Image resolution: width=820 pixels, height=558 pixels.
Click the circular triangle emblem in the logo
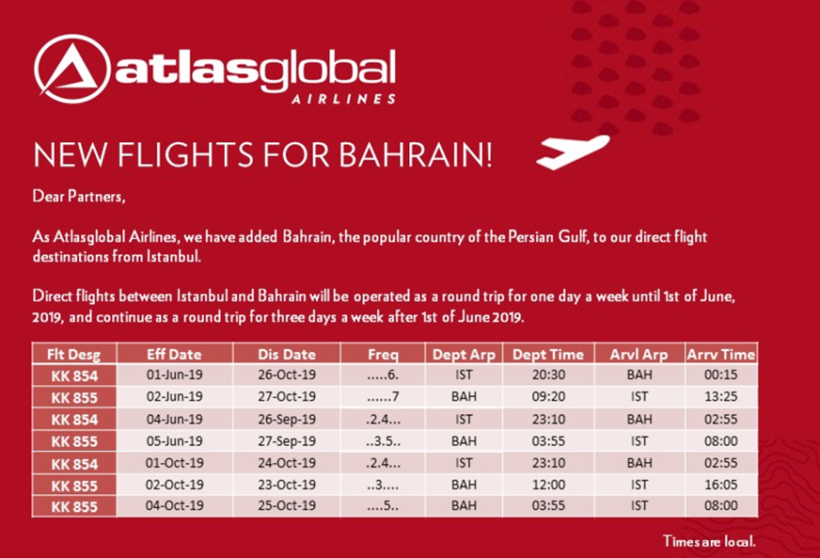pyautogui.click(x=72, y=69)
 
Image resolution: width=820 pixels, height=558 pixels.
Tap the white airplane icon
pyautogui.click(x=574, y=151)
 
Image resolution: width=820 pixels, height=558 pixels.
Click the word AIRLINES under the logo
pyautogui.click(x=343, y=99)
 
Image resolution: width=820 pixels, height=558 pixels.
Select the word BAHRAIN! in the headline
pyautogui.click(x=416, y=154)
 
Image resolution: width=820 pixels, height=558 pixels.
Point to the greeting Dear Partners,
pyautogui.click(x=79, y=197)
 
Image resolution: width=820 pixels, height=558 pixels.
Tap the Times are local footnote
pyautogui.click(x=709, y=541)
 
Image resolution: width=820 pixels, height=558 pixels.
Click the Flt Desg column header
pyautogui.click(x=73, y=355)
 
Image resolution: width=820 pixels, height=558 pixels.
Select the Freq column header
pyautogui.click(x=383, y=355)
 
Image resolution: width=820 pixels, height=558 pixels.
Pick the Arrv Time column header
pyautogui.click(x=721, y=355)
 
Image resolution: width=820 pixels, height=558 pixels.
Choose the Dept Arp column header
pyautogui.click(x=464, y=355)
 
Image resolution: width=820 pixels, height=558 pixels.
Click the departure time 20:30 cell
pyautogui.click(x=548, y=375)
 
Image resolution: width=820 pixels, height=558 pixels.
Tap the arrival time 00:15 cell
pyautogui.click(x=720, y=375)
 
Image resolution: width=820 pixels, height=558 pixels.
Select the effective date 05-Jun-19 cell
pyautogui.click(x=174, y=441)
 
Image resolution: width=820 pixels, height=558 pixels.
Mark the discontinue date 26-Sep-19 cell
pyautogui.click(x=287, y=420)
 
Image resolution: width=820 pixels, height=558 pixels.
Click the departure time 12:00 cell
pyautogui.click(x=548, y=485)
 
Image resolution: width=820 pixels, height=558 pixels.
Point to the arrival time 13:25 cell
pyautogui.click(x=720, y=397)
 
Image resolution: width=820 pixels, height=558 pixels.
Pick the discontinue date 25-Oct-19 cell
pyautogui.click(x=287, y=506)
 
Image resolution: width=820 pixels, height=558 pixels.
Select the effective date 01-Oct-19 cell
pyautogui.click(x=174, y=463)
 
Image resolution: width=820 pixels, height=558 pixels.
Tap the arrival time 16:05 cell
pyautogui.click(x=720, y=485)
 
